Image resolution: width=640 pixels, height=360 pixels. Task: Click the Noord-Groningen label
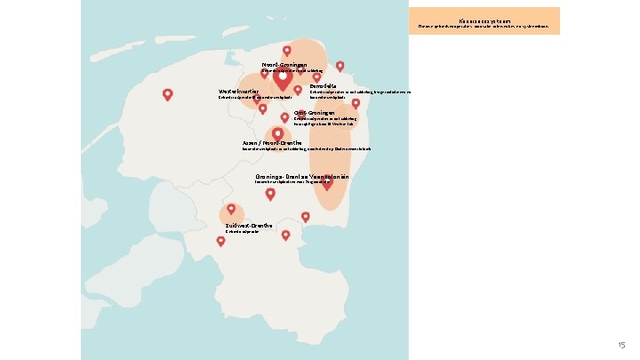(284, 65)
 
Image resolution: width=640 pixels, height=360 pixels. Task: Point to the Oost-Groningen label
(314, 113)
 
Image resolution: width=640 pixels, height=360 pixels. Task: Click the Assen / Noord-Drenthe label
(271, 142)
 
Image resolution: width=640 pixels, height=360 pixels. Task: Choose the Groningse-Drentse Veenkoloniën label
(300, 177)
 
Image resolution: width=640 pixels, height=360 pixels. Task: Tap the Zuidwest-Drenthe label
(249, 226)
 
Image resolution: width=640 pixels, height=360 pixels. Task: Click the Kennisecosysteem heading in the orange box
(485, 18)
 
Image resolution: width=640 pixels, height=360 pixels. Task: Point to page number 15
(621, 344)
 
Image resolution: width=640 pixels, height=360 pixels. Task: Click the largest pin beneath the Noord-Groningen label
(283, 80)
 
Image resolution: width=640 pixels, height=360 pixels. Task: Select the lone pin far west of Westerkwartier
(167, 94)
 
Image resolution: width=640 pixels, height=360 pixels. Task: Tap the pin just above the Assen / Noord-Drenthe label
(277, 132)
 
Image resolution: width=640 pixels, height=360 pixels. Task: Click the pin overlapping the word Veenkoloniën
(326, 183)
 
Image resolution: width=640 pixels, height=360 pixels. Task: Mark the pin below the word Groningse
(270, 193)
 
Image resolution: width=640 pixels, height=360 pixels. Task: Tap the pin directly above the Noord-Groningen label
(286, 51)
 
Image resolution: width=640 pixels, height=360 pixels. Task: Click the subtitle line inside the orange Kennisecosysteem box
(485, 26)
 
